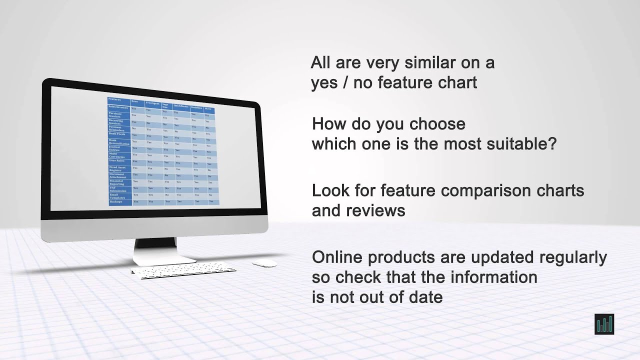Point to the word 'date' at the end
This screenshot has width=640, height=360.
425,297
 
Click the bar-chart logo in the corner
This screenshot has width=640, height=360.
604,324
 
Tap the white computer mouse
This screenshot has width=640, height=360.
264,263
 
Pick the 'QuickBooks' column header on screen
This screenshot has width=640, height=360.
180,106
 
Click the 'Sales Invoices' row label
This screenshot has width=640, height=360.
118,107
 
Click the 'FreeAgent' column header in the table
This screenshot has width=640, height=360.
152,103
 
